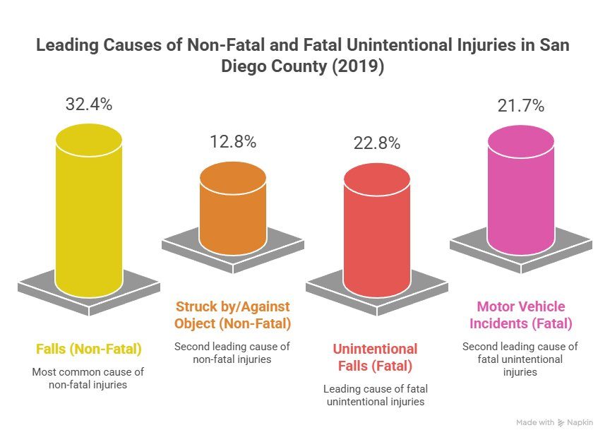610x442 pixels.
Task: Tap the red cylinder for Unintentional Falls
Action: click(x=376, y=229)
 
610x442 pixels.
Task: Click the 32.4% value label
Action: click(x=89, y=104)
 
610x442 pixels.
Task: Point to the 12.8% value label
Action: click(x=232, y=141)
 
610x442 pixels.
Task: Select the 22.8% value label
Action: click(x=376, y=143)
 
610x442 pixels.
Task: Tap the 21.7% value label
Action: click(x=520, y=106)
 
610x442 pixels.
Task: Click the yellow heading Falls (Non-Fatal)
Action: click(x=89, y=349)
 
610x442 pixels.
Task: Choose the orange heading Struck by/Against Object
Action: click(x=232, y=316)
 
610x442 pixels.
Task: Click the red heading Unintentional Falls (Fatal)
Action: click(x=375, y=357)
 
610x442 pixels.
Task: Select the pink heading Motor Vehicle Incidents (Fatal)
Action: click(x=520, y=316)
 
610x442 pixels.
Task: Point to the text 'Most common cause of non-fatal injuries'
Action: click(x=89, y=378)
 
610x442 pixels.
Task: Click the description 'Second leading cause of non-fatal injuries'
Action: click(x=232, y=353)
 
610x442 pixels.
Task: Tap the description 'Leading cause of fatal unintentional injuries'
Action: click(x=375, y=395)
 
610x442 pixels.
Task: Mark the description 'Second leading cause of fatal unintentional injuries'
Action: click(x=520, y=359)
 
